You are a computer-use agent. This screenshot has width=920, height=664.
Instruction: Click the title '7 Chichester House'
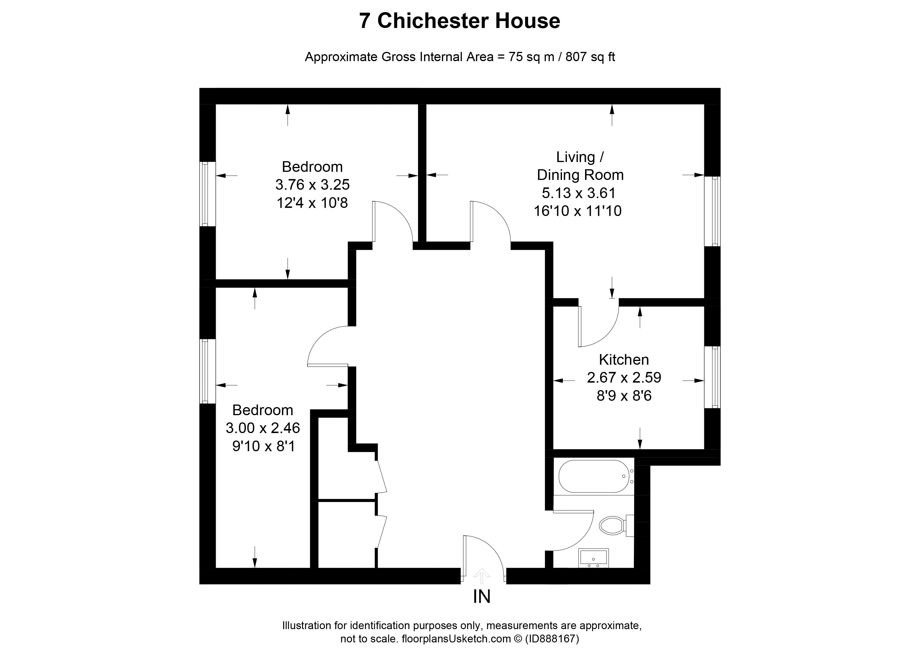point(460,21)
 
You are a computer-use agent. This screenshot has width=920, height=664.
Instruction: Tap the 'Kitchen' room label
point(624,360)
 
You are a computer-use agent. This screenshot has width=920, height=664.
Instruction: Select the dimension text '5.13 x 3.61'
point(579,193)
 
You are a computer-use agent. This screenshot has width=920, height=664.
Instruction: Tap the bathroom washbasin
point(593,558)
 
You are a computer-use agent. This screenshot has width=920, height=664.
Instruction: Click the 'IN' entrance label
point(482,596)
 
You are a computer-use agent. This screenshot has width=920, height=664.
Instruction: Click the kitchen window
point(712,377)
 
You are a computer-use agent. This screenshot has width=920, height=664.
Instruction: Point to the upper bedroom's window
point(207,194)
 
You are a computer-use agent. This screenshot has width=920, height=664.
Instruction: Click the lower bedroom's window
point(207,371)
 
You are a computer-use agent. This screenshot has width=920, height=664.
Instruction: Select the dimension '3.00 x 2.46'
point(263,428)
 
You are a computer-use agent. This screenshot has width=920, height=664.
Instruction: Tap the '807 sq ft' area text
point(590,57)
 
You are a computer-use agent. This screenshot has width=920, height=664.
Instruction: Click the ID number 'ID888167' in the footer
point(552,639)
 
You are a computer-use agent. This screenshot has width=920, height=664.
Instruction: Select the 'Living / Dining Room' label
point(580,166)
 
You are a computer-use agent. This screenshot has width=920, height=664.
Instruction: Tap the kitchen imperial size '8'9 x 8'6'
point(624,395)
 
